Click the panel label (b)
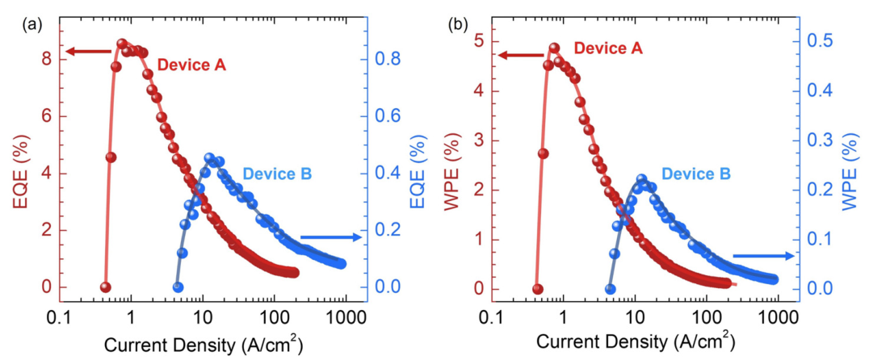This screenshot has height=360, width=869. [x=458, y=24]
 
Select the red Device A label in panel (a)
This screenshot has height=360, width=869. [x=191, y=65]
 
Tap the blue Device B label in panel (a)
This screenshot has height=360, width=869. [x=277, y=173]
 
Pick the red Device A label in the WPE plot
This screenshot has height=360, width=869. [x=608, y=48]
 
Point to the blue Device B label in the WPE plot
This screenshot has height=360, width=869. [x=697, y=174]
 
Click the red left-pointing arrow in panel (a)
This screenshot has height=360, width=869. [x=89, y=52]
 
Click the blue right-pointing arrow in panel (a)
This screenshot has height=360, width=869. [x=330, y=237]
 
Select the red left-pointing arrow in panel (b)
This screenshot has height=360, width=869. [x=520, y=56]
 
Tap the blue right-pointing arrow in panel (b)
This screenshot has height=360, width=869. [x=762, y=256]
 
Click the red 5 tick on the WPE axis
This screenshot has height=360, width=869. [x=479, y=40]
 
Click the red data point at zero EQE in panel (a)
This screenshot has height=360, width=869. [x=105, y=287]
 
